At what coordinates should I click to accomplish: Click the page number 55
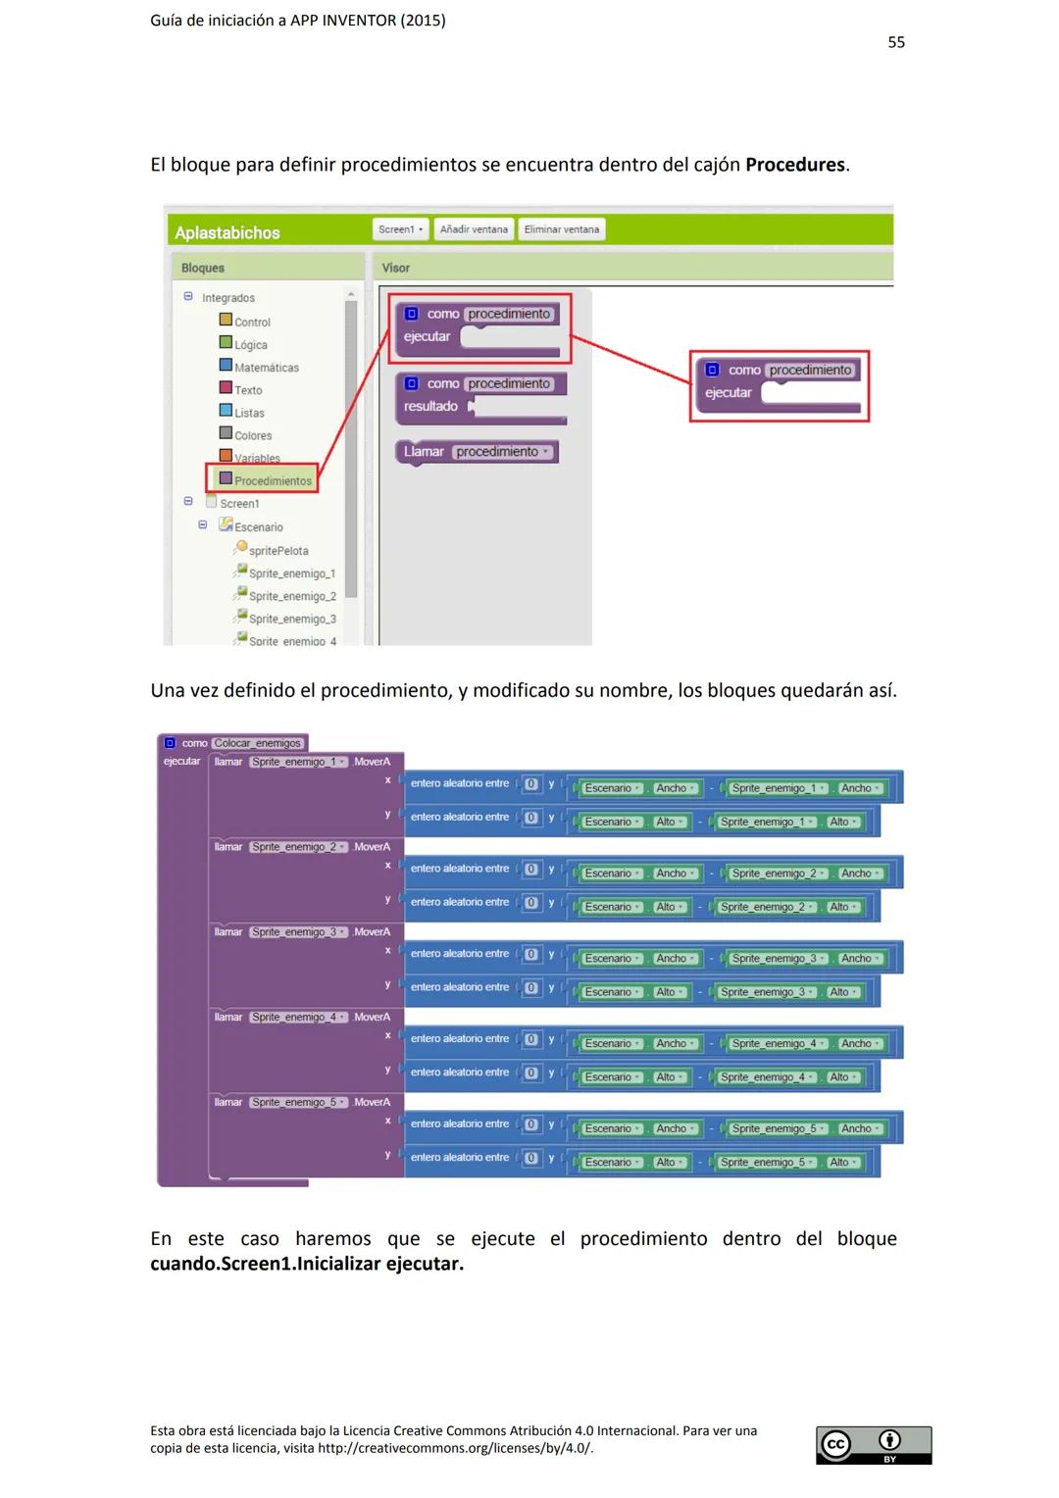click(x=896, y=42)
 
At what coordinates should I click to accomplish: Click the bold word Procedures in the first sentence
click(x=794, y=165)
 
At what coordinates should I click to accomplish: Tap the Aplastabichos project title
click(x=227, y=232)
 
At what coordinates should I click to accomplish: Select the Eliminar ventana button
click(x=561, y=229)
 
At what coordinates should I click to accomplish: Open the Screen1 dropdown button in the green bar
click(x=400, y=229)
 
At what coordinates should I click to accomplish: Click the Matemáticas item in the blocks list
click(x=266, y=368)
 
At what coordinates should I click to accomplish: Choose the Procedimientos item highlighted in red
click(x=272, y=480)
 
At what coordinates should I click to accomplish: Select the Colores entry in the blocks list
click(x=252, y=435)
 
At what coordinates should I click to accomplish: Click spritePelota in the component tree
click(x=277, y=551)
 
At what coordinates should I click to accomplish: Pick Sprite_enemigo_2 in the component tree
click(x=291, y=596)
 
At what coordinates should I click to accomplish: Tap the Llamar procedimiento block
click(x=477, y=452)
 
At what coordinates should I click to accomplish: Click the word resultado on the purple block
click(x=430, y=406)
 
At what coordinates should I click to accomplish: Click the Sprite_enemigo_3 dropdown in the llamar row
click(x=298, y=932)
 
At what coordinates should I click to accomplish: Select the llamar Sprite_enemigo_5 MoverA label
click(x=302, y=1102)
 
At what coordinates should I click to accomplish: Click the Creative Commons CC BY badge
click(x=873, y=1445)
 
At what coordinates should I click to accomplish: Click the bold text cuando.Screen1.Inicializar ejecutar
click(x=307, y=1264)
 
